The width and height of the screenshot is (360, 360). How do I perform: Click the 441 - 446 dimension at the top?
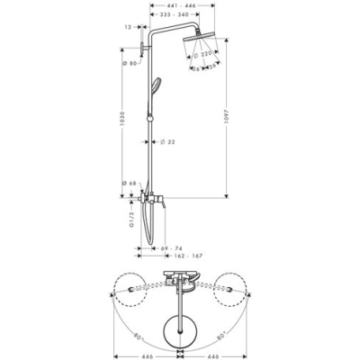[x=183, y=6]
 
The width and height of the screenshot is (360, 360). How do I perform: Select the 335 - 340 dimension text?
[x=183, y=17]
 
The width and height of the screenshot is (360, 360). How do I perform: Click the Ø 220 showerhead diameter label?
[x=205, y=55]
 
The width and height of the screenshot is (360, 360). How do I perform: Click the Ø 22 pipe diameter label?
[x=167, y=142]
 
